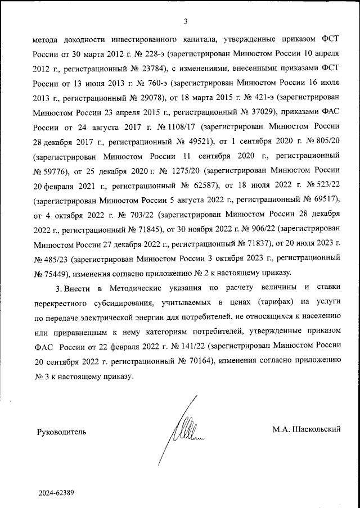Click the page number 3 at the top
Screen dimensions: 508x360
(185, 22)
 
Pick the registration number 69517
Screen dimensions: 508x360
(325, 201)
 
